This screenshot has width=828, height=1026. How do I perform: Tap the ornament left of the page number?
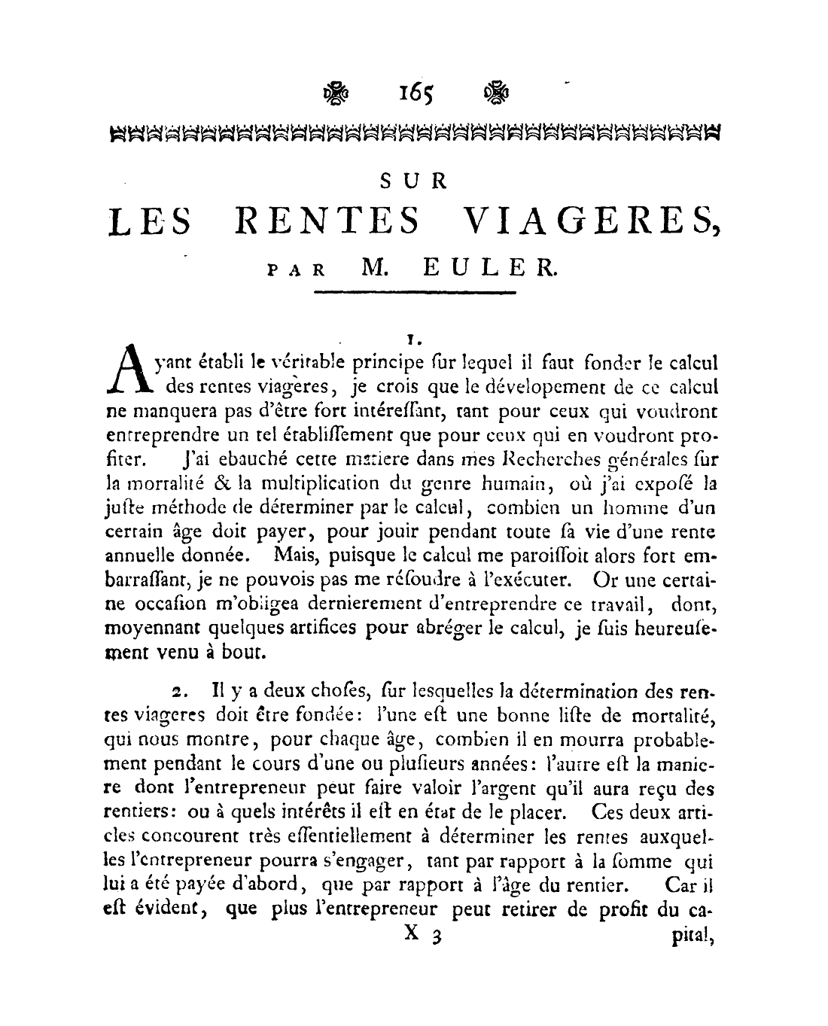(x=335, y=94)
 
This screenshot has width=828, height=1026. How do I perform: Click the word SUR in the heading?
(x=414, y=181)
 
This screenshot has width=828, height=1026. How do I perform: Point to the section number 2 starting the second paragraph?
(x=177, y=691)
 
